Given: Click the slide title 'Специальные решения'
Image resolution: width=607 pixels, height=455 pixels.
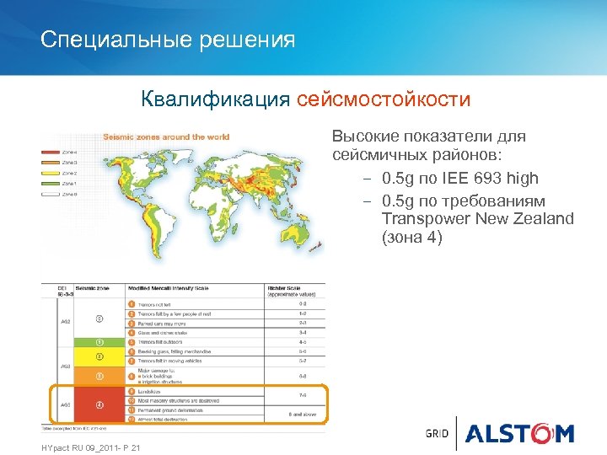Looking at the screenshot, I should [168, 40].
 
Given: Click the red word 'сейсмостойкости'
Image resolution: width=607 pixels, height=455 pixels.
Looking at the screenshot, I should [383, 100].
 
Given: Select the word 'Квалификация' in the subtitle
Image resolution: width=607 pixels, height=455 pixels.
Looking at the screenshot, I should [216, 100].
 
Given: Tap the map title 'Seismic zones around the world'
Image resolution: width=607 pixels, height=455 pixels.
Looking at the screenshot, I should [166, 136].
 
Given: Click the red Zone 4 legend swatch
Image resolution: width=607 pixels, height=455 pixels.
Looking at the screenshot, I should [51, 153].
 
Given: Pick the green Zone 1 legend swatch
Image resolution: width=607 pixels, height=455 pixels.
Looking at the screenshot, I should [51, 183].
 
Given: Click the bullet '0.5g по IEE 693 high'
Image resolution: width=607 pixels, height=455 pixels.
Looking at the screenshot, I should [459, 179].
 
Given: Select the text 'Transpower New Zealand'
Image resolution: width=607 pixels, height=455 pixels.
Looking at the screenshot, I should [477, 219].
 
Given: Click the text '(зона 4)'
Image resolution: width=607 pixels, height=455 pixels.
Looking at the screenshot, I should [411, 238].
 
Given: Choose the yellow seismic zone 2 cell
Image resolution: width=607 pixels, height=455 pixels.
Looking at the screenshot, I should [99, 356].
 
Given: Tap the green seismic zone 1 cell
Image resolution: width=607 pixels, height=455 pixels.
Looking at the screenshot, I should [99, 343].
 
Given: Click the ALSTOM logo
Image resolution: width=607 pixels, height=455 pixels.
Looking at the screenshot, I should [518, 433].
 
